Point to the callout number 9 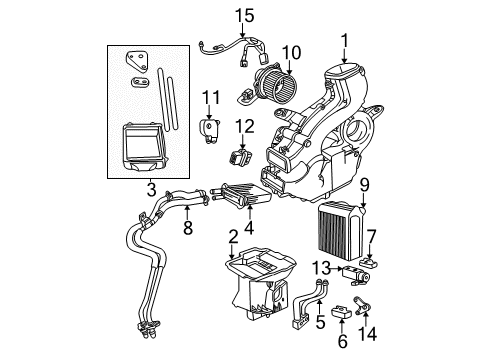[x=365, y=184]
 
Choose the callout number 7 [x=370, y=235]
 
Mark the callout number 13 [x=320, y=267]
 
